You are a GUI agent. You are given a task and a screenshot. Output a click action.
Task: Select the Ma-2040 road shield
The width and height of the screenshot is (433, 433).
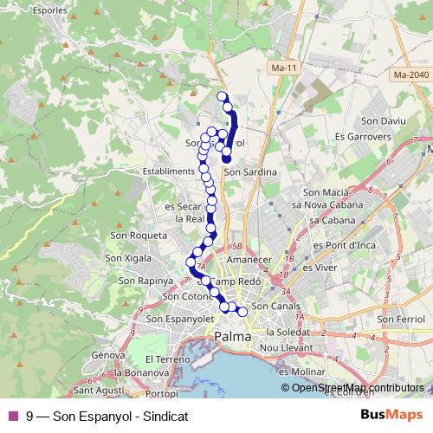point(410,75)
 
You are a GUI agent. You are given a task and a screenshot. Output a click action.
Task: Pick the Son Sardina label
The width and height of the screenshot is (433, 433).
point(251,172)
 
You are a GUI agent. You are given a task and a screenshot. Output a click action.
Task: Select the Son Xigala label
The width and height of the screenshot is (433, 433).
point(127,257)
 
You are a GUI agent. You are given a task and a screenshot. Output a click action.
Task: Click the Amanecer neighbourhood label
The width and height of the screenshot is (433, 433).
point(251,259)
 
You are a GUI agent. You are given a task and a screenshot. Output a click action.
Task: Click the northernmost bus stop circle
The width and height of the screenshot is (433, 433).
point(222,96)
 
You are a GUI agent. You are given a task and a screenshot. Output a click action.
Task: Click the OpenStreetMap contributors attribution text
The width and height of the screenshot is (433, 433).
point(357,388)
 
